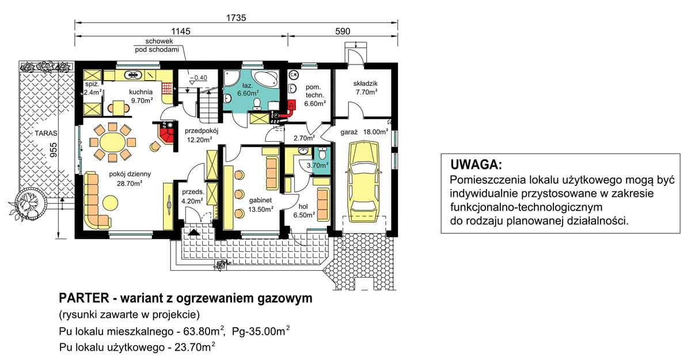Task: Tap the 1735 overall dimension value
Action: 236,17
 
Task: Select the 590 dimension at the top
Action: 343,32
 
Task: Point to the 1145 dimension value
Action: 180,32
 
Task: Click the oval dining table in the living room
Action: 112,141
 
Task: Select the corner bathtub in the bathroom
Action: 267,80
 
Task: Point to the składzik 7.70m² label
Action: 365,87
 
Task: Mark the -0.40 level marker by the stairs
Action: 198,78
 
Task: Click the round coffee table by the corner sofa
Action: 109,202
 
